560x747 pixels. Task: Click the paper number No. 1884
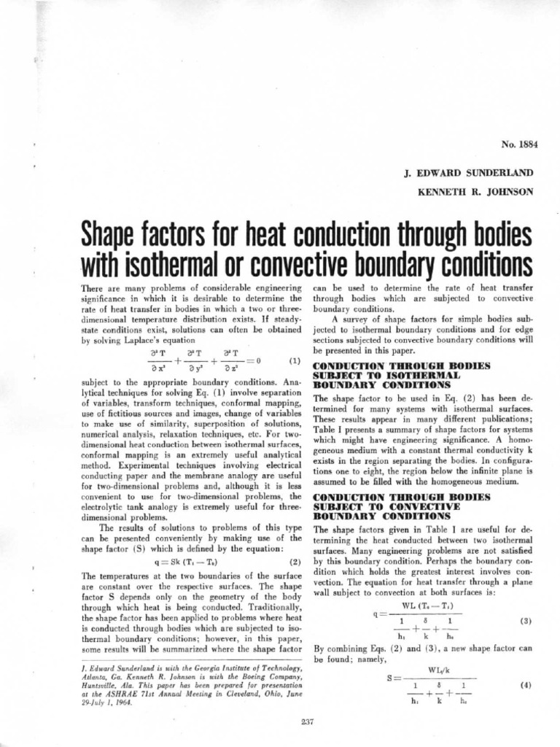pos(516,144)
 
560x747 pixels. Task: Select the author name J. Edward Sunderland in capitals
pos(470,174)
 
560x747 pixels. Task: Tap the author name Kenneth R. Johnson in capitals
pos(476,194)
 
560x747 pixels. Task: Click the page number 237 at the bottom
pos(306,723)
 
